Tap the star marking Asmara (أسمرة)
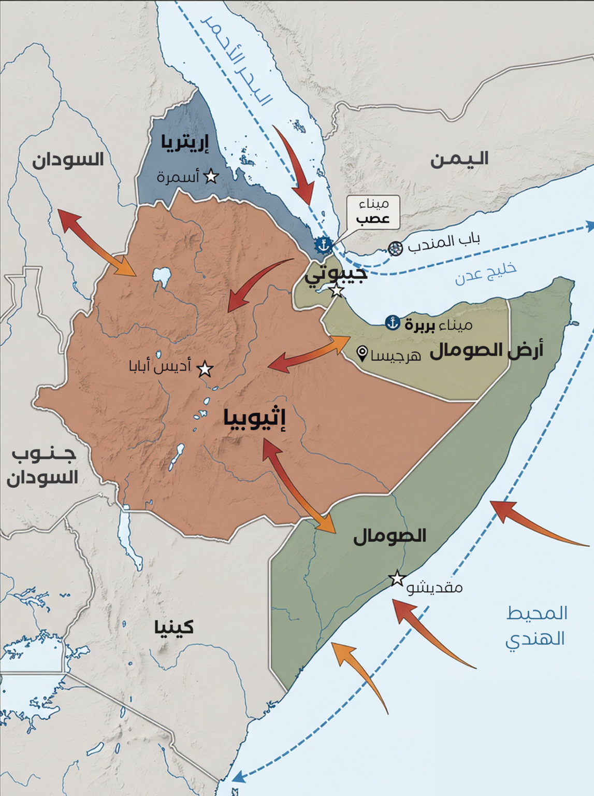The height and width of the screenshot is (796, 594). [211, 177]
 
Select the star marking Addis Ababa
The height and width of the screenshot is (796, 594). [205, 369]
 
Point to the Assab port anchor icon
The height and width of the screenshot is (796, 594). [324, 245]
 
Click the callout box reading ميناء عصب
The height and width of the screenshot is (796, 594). [373, 212]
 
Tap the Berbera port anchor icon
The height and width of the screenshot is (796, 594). [393, 323]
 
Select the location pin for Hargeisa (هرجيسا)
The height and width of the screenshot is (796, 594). [363, 353]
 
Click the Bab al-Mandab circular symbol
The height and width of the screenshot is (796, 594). [396, 248]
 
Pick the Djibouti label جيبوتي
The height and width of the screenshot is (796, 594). [336, 273]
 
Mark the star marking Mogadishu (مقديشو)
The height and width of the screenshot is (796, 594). [397, 578]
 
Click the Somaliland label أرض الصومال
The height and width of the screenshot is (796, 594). [486, 351]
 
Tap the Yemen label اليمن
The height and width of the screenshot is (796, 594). [459, 159]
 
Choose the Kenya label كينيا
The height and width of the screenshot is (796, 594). [174, 627]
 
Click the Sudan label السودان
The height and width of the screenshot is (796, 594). [68, 160]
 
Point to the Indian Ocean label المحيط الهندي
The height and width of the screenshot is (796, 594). [536, 626]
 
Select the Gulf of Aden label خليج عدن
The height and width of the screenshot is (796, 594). [486, 274]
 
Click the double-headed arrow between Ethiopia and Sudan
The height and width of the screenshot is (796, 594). [96, 243]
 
